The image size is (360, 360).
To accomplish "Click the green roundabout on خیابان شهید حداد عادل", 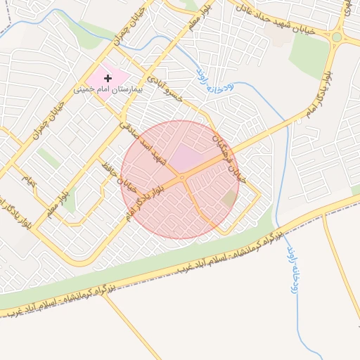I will click(x=337, y=37).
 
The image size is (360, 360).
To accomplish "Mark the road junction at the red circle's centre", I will click(x=182, y=178).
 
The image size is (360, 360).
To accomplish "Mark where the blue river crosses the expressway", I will click(x=279, y=226).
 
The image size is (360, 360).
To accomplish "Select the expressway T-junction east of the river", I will click(x=323, y=212).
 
